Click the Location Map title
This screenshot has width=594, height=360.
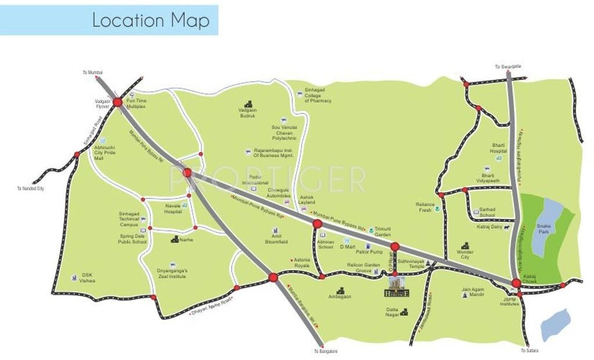coord(150,21)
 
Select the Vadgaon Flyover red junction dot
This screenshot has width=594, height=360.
coord(117,102)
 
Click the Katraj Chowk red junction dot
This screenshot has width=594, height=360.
coord(516,283)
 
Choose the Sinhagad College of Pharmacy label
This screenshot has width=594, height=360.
coord(318,96)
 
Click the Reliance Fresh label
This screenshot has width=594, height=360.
coord(425,207)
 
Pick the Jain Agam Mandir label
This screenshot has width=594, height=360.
coord(473,292)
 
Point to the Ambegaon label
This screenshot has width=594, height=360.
coord(340,296)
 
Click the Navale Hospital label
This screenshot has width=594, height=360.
coord(172,209)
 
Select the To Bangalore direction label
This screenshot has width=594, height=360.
coord(325,352)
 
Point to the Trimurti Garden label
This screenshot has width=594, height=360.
coord(383,232)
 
